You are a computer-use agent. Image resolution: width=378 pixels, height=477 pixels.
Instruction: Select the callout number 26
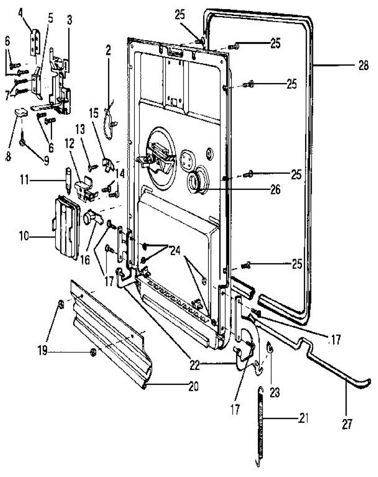[x=275, y=190]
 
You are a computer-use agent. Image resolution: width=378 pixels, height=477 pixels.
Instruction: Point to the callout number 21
[x=303, y=418]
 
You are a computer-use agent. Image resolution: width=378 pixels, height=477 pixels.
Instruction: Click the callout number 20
[x=193, y=387]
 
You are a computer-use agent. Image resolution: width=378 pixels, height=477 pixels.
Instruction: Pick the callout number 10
[x=24, y=237]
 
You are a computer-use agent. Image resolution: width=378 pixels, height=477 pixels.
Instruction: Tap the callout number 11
[x=25, y=180]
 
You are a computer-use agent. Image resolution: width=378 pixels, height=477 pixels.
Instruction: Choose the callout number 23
[x=275, y=392]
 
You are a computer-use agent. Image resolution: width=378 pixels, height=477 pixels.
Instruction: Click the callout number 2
[x=108, y=50]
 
